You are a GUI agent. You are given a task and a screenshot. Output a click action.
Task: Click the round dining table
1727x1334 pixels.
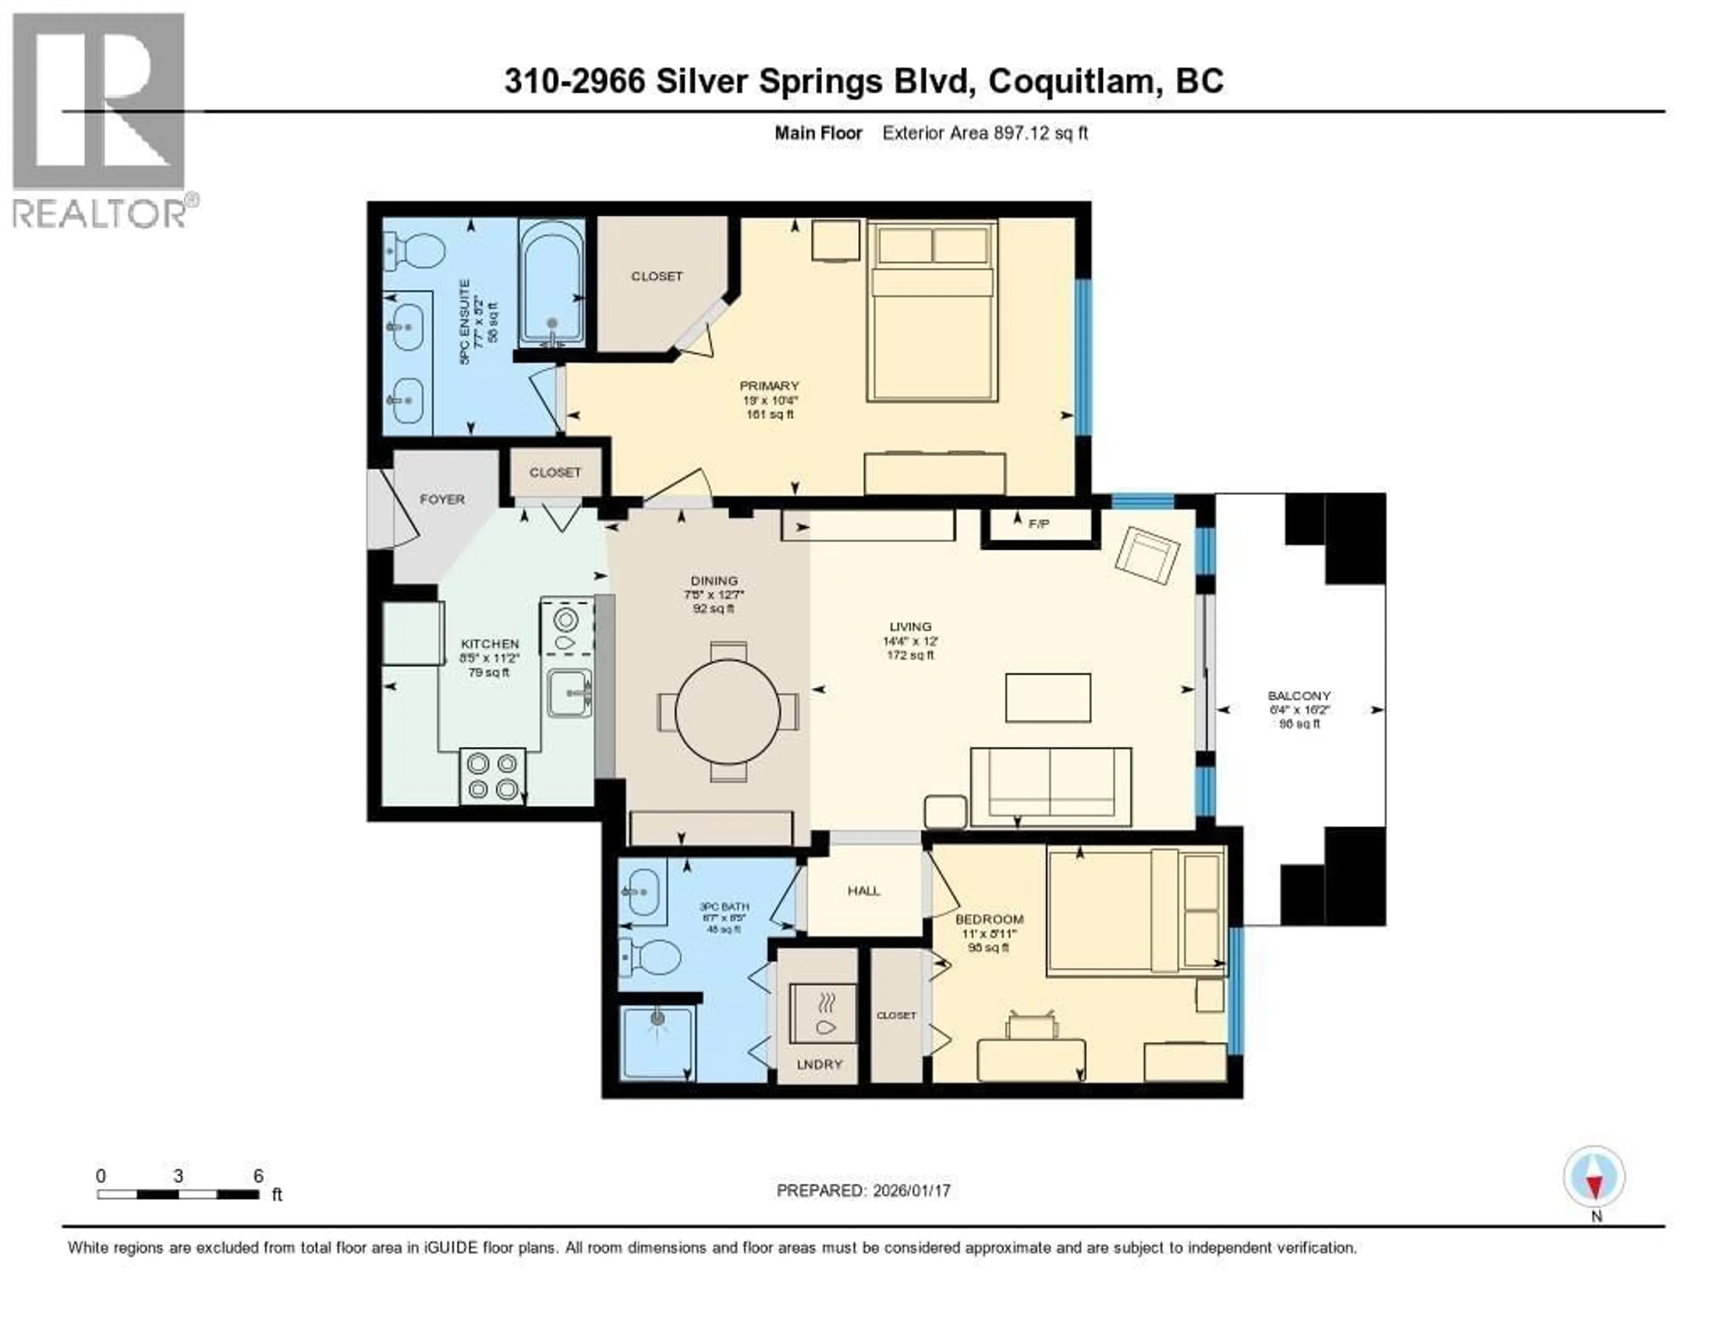click(x=728, y=711)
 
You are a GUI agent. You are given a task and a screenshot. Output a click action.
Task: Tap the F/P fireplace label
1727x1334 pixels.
click(x=1038, y=524)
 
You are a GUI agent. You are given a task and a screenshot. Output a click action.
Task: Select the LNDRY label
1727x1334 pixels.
click(x=819, y=1064)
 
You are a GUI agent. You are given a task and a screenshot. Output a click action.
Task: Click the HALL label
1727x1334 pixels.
click(x=863, y=891)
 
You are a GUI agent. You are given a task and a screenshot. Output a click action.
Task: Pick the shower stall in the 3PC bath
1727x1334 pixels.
click(x=656, y=1041)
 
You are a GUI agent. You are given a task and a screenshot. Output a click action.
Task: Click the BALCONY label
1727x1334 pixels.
click(x=1299, y=696)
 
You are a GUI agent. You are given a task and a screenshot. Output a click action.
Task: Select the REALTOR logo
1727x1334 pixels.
click(x=100, y=120)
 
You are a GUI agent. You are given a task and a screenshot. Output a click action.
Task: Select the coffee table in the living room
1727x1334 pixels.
click(x=1048, y=698)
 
